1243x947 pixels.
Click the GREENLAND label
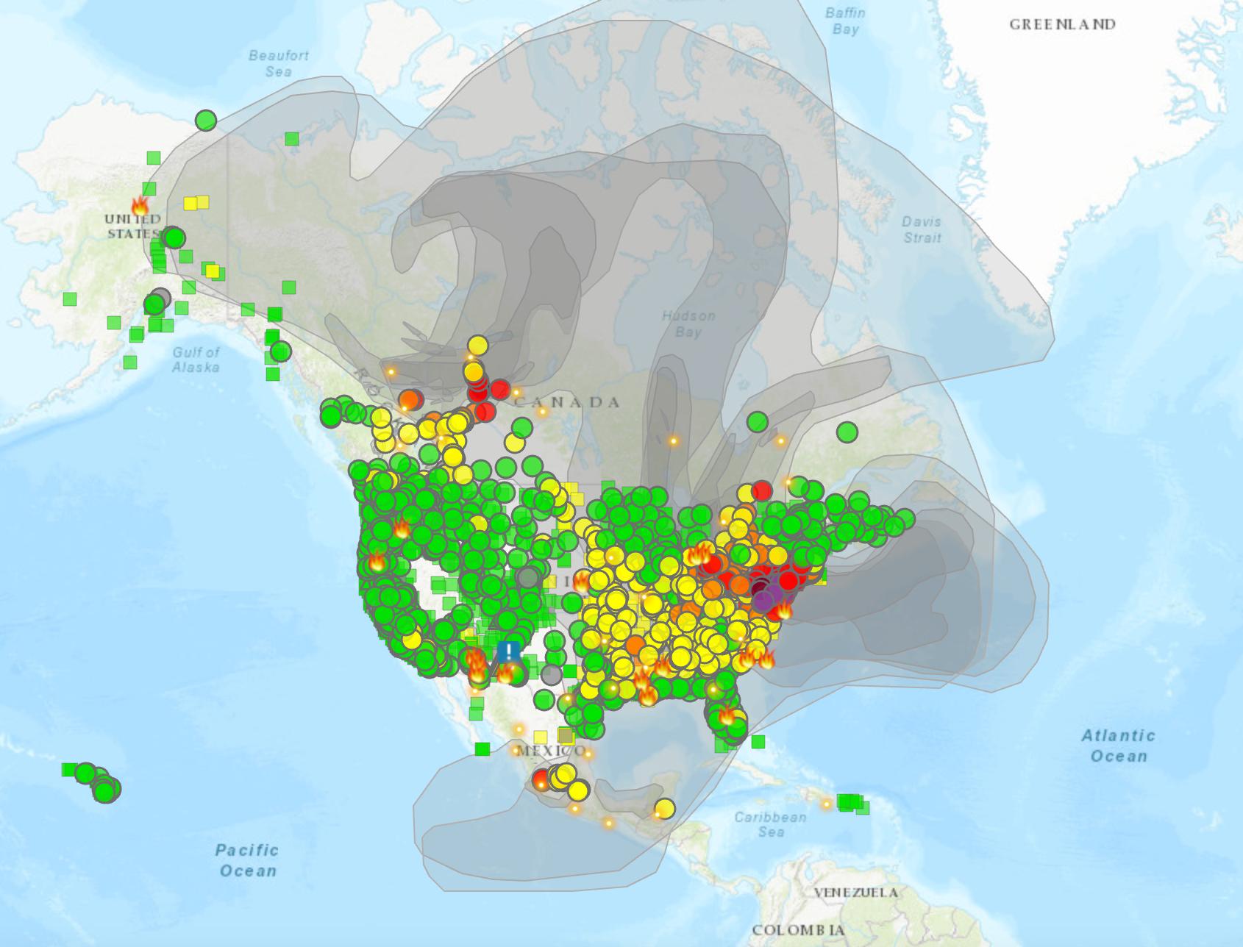pos(1062,24)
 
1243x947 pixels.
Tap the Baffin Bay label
pos(845,21)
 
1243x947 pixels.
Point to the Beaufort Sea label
pos(278,63)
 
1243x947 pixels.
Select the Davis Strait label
pos(922,229)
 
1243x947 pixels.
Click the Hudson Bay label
pos(688,324)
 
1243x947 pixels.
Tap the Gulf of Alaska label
pos(196,360)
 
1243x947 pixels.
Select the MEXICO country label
pos(551,751)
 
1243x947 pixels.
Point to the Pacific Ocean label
pos(247,860)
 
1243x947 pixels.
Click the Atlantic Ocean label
pos(1118,746)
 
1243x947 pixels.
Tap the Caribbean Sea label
pos(770,824)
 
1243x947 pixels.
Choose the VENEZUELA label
pos(855,893)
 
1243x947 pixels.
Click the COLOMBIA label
pos(798,930)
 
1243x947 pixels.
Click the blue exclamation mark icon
pos(508,651)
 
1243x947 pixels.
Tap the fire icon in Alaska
pos(140,205)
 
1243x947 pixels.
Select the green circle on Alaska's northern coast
pos(206,120)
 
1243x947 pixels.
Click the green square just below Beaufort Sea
pos(292,139)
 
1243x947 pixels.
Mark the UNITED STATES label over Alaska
pos(132,226)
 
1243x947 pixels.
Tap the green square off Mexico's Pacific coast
pos(482,748)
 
